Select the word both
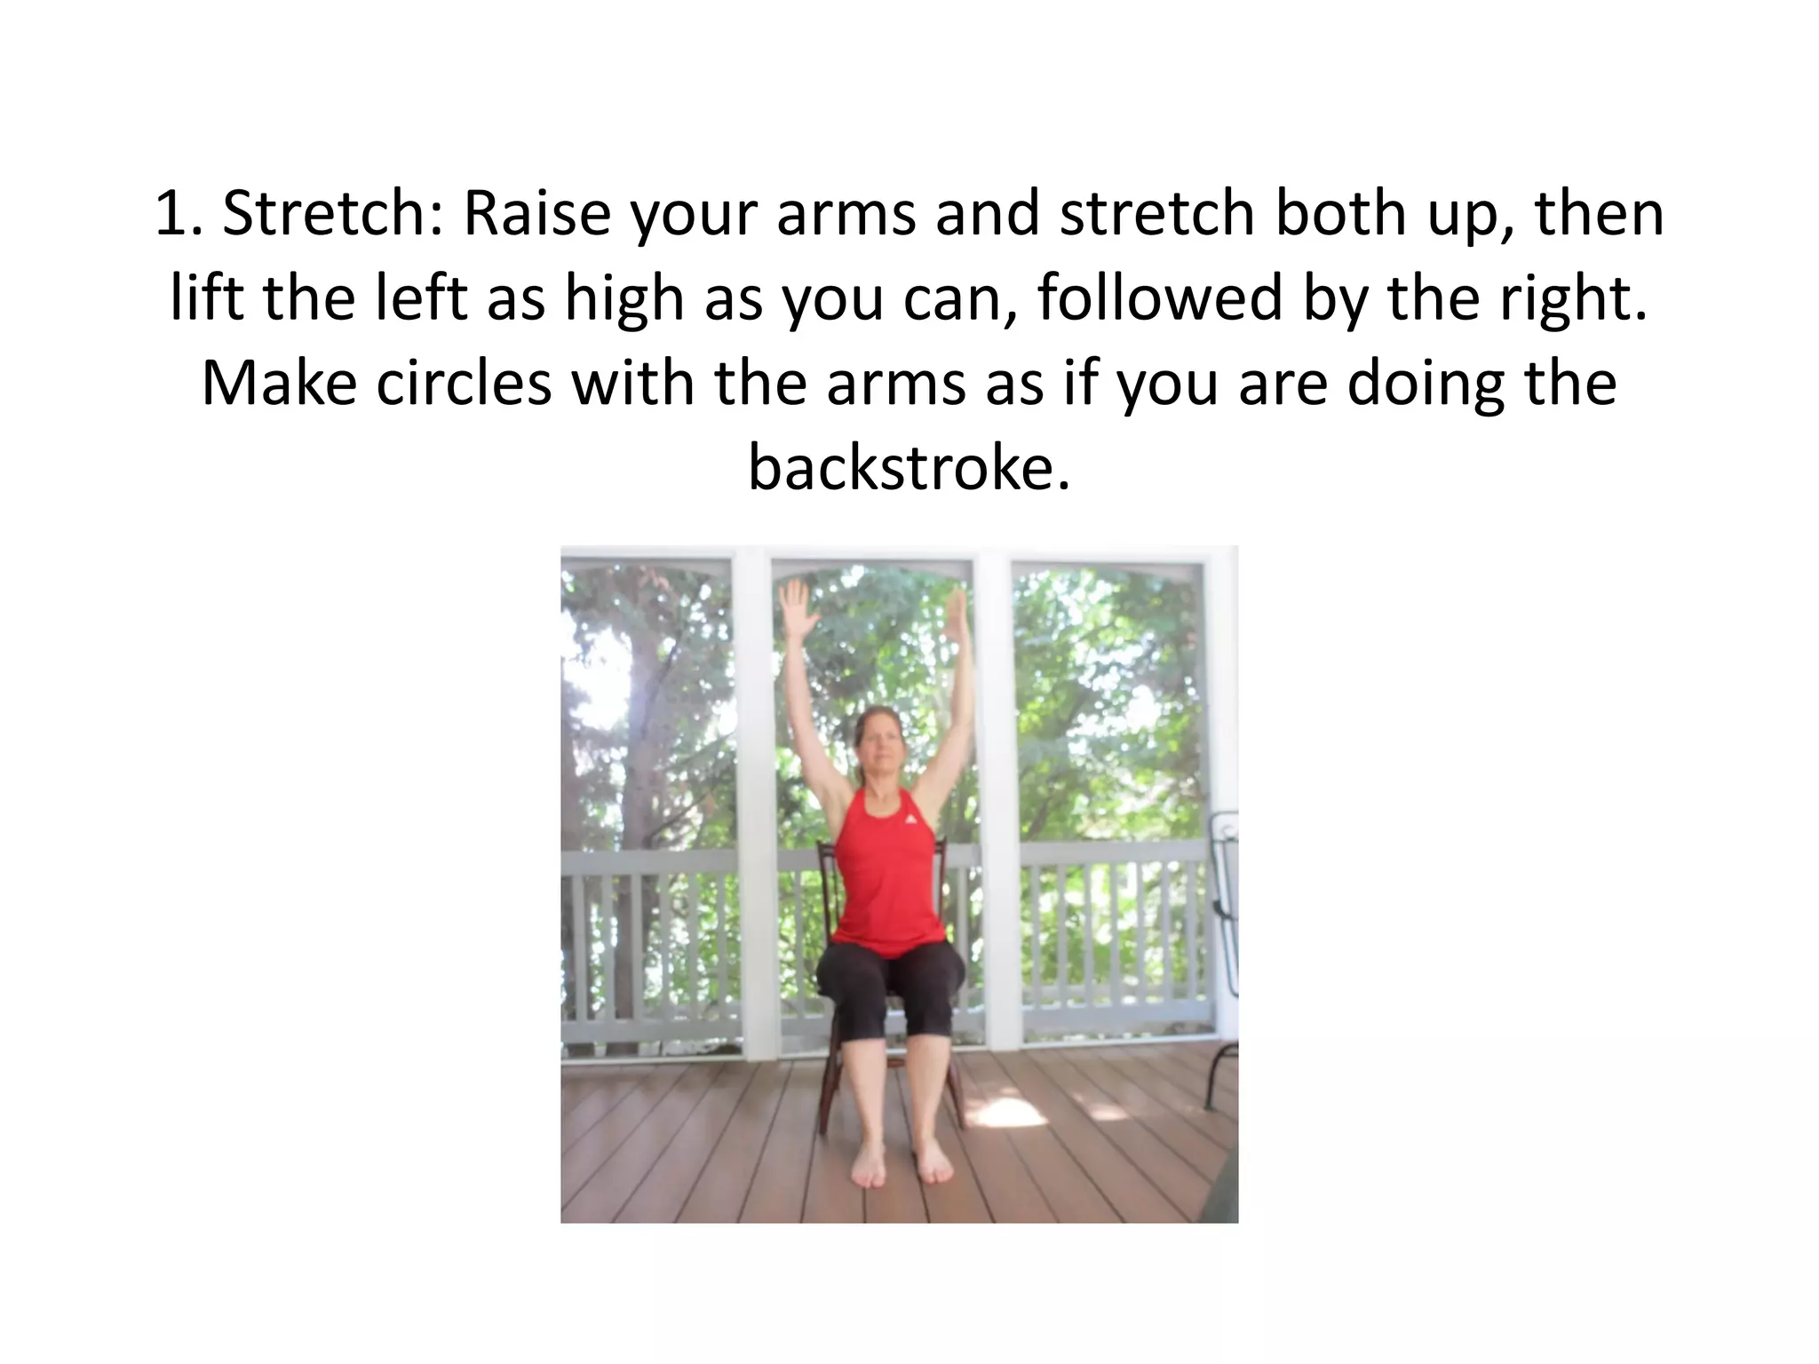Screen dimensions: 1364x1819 1341,213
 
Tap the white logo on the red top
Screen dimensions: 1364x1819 909,817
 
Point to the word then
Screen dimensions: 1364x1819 1599,213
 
